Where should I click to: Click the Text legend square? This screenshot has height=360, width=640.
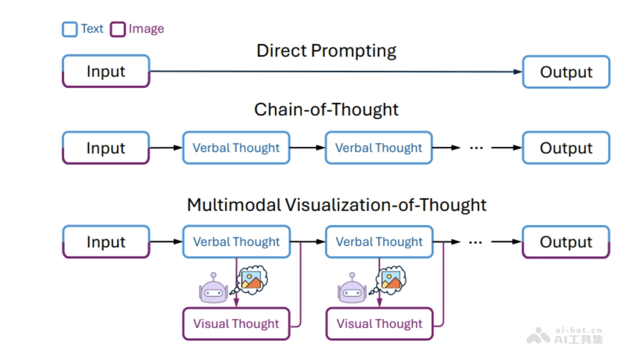point(70,29)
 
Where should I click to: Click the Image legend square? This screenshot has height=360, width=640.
point(117,29)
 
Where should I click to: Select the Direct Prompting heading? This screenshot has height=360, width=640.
point(326,51)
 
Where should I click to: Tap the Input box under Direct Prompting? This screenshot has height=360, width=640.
point(106,71)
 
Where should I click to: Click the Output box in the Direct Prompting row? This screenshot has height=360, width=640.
point(566,72)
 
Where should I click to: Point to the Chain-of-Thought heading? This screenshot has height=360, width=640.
point(326,109)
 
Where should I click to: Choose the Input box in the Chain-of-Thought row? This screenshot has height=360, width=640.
point(106,148)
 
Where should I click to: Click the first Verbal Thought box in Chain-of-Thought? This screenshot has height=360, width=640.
point(236,148)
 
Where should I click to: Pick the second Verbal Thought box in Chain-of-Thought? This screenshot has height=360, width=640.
point(379,148)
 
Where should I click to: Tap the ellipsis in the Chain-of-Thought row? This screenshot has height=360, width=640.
point(476,148)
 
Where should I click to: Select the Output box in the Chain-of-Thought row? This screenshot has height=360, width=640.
point(566,148)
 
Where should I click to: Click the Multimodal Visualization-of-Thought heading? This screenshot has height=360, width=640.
point(337,205)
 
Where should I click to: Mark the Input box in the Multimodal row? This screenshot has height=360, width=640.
point(106,242)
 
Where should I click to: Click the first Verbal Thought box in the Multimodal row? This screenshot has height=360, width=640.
point(236,242)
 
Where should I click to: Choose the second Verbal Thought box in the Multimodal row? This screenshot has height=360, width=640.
point(379,242)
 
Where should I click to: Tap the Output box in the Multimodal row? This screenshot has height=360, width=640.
point(566,242)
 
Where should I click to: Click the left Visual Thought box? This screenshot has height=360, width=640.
point(236,324)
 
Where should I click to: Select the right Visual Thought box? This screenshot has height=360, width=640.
point(379,324)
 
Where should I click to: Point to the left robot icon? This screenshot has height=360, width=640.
point(213,289)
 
